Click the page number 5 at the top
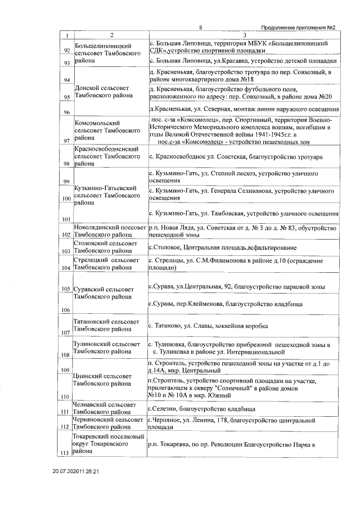click(x=200, y=28)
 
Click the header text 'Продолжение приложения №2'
click(x=299, y=28)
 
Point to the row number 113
click(x=66, y=452)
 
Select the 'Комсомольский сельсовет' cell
click(x=107, y=129)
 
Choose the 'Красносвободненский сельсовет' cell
click(x=107, y=155)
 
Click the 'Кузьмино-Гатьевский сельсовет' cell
click(x=107, y=195)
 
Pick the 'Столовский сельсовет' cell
click(x=107, y=247)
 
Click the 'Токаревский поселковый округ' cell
click(x=107, y=444)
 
